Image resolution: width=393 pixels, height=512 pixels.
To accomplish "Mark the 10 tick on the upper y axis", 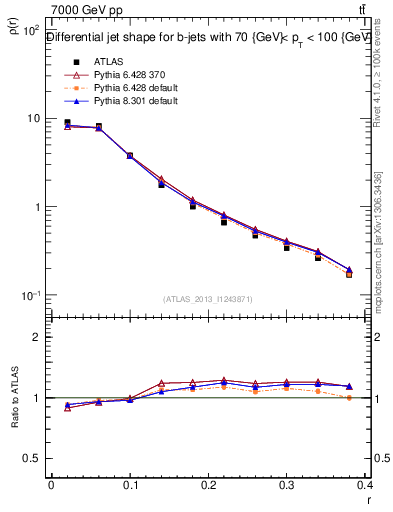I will click(x=33, y=119).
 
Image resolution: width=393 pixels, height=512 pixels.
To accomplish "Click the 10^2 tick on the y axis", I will click(x=30, y=30).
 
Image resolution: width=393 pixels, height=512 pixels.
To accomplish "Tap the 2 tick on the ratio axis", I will click(x=36, y=337).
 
